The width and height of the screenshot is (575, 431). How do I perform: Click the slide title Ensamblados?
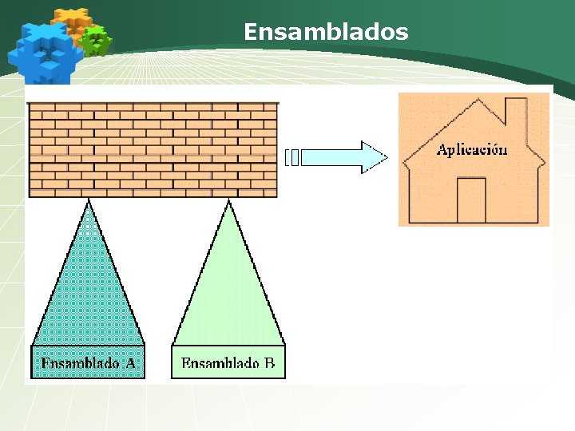[326, 32]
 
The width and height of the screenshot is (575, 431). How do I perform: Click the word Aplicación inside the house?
[471, 150]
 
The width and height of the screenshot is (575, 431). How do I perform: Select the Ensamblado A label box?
[88, 362]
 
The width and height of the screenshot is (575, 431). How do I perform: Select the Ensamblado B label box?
[228, 362]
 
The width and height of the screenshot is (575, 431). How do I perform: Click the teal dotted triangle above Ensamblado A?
[88, 295]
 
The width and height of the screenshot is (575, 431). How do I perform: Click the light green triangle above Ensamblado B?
[228, 295]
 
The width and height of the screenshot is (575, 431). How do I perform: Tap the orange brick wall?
[153, 149]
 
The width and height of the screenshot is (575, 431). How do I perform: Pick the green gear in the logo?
[97, 40]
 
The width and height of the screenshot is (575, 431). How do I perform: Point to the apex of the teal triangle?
[88, 203]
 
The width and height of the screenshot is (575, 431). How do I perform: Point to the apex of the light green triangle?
[229, 203]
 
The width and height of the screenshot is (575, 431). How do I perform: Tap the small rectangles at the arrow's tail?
[292, 157]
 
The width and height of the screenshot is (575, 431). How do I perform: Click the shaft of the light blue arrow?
[331, 157]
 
